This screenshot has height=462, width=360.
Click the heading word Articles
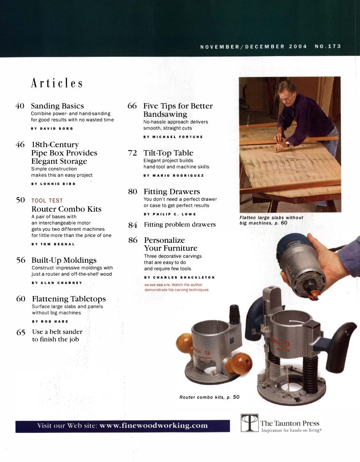click(57, 84)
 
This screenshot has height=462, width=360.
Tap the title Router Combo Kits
click(66, 209)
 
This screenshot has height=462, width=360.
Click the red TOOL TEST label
click(47, 201)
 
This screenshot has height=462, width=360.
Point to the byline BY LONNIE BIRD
click(53, 183)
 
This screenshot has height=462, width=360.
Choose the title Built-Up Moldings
click(64, 260)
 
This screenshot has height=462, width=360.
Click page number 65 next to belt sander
click(21, 332)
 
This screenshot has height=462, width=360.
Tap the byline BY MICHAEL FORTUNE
click(173, 136)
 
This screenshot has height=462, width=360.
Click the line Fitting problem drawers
click(179, 225)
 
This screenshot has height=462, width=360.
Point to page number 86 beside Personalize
click(133, 240)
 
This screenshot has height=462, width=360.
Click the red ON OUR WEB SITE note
click(176, 287)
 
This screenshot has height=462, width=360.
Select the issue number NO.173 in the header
click(328, 47)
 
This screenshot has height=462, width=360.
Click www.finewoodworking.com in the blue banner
click(154, 426)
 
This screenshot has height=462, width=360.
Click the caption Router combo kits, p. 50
click(209, 398)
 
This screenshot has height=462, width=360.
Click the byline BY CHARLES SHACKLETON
click(179, 277)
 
